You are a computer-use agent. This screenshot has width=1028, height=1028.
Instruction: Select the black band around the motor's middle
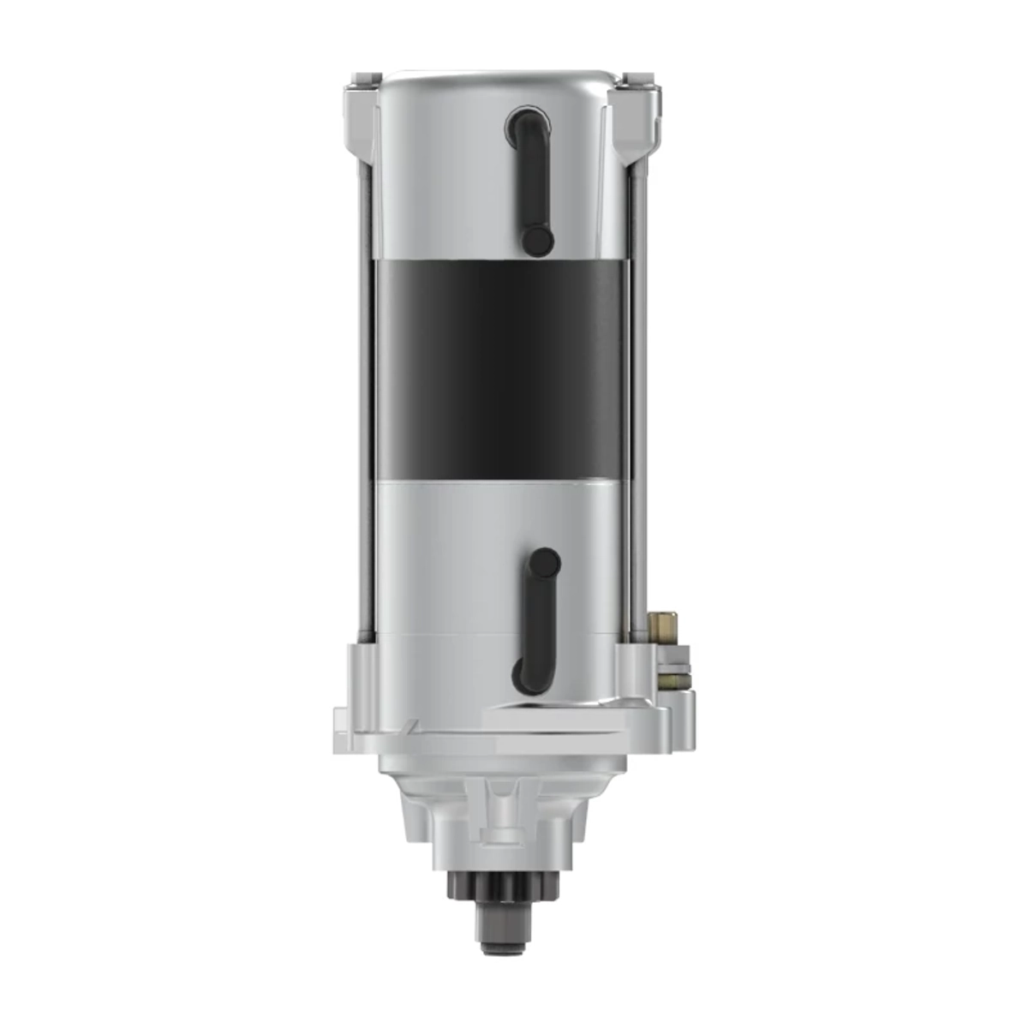tap(505, 368)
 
